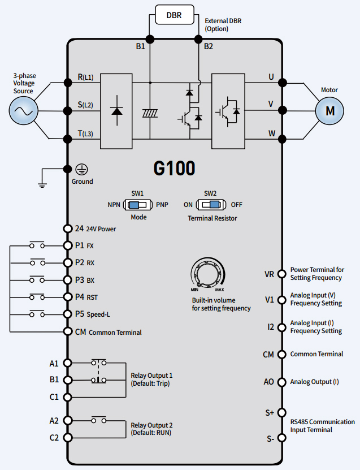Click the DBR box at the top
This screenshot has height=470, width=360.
174,15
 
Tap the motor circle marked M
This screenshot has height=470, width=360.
329,110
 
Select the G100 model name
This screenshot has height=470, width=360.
174,168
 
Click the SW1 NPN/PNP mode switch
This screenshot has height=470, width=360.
138,204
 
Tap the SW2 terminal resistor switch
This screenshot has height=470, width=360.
211,204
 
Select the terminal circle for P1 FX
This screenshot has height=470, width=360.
68,245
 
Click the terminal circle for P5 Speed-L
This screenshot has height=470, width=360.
68,314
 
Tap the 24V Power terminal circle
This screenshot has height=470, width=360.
68,228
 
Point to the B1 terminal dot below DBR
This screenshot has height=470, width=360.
150,39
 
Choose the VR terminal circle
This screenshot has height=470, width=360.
281,274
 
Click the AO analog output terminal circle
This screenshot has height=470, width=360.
281,382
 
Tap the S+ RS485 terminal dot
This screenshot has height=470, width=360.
281,413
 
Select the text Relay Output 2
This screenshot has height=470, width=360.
151,425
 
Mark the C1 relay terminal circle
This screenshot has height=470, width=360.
68,397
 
